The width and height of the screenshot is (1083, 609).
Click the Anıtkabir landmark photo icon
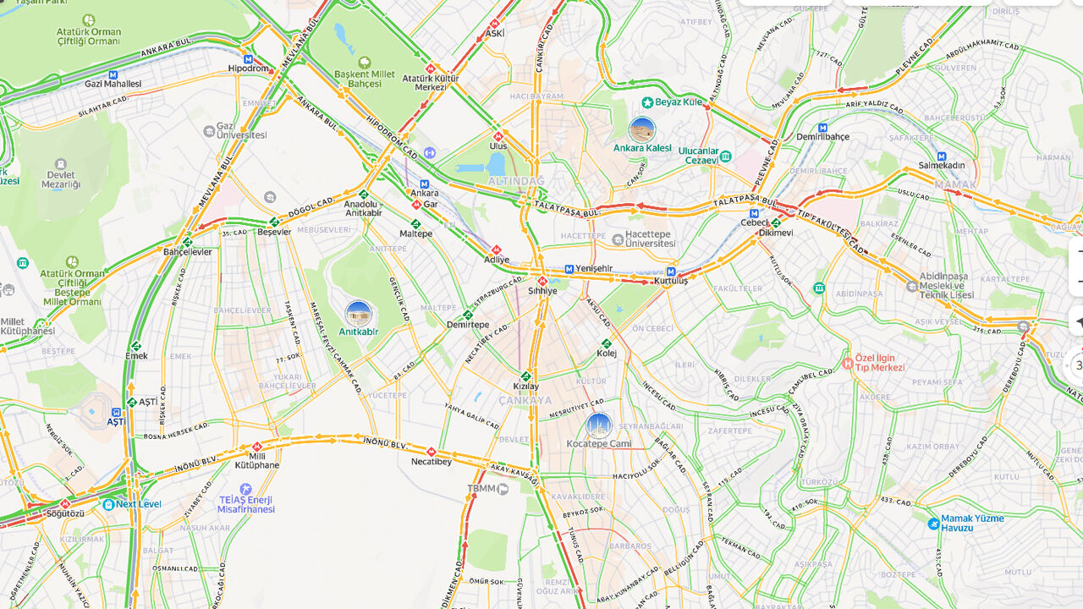coord(359,314)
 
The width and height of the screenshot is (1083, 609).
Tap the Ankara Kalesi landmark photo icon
coord(642,130)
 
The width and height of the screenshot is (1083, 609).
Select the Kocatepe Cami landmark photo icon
coord(599,425)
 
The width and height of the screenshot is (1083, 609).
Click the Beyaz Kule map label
coord(679,101)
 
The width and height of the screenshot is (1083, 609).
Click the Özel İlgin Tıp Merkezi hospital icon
coord(848,363)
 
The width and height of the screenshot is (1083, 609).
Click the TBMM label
coord(481,488)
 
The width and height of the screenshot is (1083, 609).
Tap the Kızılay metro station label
coord(525,386)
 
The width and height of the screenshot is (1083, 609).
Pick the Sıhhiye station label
coord(542,290)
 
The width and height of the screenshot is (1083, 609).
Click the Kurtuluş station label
coord(670,281)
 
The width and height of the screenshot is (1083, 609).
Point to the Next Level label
coord(138,504)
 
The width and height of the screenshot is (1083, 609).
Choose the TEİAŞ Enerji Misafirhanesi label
coord(245,504)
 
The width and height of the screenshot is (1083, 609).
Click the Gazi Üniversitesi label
coord(241,130)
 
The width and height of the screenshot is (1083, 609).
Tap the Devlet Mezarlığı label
coord(61,178)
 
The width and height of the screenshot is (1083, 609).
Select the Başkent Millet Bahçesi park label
coord(365,79)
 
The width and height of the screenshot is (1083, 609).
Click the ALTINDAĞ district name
coord(516,181)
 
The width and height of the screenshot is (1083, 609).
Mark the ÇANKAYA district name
coord(525,400)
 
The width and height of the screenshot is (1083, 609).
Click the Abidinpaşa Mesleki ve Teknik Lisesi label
coord(946,290)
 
